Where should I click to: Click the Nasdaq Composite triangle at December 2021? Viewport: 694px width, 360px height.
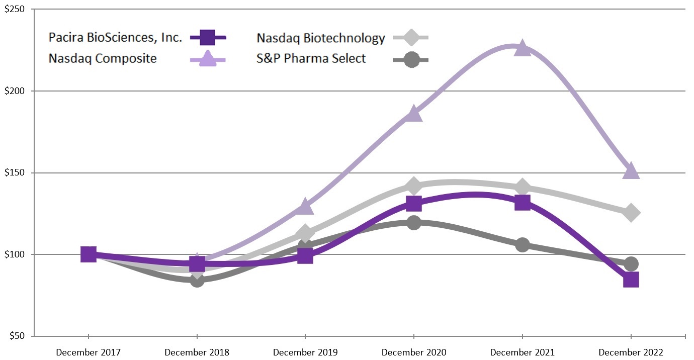click(523, 48)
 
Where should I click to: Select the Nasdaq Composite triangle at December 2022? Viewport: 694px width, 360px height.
click(631, 171)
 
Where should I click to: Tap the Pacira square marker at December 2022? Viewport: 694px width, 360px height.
click(631, 280)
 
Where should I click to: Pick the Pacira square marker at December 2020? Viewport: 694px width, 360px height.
click(414, 204)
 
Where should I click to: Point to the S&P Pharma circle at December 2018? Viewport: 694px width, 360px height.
click(197, 280)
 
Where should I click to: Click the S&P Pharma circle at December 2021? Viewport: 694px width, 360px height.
click(523, 245)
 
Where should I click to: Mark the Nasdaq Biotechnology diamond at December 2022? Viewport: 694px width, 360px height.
click(631, 213)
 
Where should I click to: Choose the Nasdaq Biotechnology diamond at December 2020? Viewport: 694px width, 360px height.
click(414, 186)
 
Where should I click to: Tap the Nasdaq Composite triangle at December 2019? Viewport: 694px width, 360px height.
click(305, 206)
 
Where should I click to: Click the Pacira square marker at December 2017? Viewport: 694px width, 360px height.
click(89, 254)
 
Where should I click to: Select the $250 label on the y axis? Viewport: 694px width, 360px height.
click(15, 10)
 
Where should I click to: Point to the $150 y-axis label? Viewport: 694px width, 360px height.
click(15, 173)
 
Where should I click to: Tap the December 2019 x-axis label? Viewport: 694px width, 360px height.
click(305, 352)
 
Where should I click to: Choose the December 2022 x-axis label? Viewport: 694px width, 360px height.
click(631, 352)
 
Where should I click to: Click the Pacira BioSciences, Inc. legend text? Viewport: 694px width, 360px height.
click(115, 37)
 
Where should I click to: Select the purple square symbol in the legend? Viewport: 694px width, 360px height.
click(208, 37)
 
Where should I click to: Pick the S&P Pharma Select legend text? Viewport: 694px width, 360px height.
click(311, 58)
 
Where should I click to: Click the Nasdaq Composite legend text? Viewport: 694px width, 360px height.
click(103, 58)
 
